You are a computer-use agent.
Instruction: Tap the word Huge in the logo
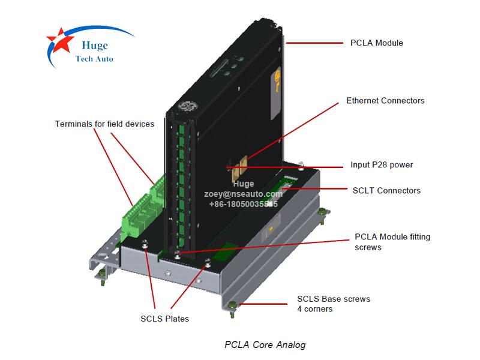[93, 44]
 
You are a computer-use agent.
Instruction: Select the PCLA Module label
[376, 43]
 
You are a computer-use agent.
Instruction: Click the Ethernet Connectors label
[385, 101]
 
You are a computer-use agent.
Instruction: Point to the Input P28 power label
[382, 165]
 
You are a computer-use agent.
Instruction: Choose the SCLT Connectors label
[386, 191]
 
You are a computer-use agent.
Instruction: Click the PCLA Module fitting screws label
[392, 242]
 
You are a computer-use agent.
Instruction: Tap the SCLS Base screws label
[334, 304]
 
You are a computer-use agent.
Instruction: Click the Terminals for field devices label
[104, 124]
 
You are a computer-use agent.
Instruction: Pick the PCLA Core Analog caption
[265, 344]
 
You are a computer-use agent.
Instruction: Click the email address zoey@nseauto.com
[243, 194]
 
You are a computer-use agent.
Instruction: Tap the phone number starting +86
[243, 204]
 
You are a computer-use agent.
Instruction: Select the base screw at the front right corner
[233, 307]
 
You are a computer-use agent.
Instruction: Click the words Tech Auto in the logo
[94, 59]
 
